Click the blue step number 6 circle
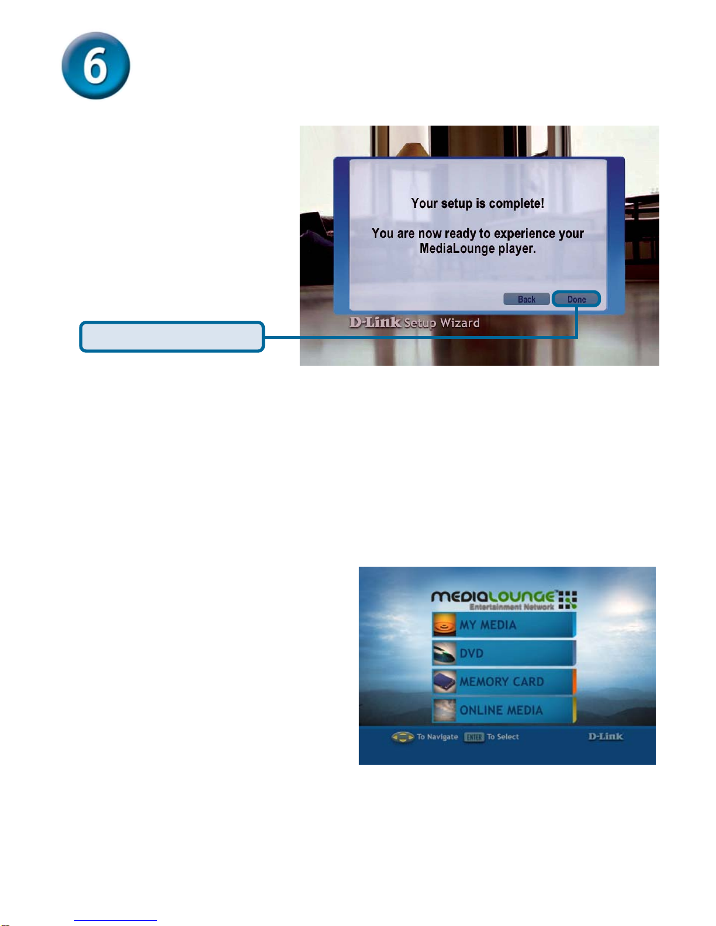point(96,65)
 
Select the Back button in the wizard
point(527,299)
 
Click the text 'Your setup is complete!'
point(478,203)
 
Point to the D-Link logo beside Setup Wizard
point(375,322)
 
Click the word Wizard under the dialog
point(460,323)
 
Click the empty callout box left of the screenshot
point(172,337)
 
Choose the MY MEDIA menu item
point(504,625)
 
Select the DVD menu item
point(504,653)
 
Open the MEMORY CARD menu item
point(504,681)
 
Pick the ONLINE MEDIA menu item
point(504,710)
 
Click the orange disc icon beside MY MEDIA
point(445,625)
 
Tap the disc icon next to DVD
point(445,653)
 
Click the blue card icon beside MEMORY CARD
point(445,682)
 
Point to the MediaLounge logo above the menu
point(504,599)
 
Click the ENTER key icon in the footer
point(475,737)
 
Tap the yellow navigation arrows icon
point(403,737)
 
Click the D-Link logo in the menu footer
point(606,736)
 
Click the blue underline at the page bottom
point(116,921)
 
